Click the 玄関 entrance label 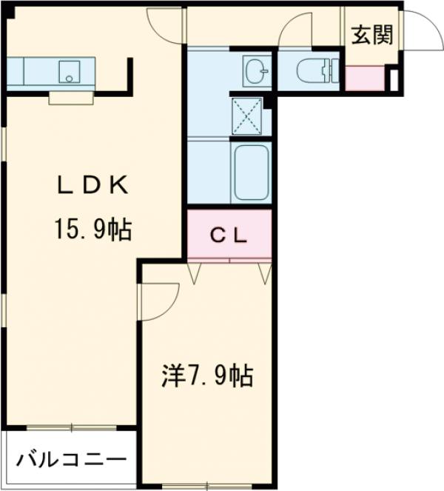click(x=371, y=35)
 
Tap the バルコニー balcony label click(x=68, y=458)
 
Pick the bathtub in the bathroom click(x=251, y=173)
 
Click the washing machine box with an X click(x=250, y=116)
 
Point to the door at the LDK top click(x=165, y=26)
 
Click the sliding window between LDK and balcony click(x=71, y=428)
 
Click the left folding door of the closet click(x=195, y=272)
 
